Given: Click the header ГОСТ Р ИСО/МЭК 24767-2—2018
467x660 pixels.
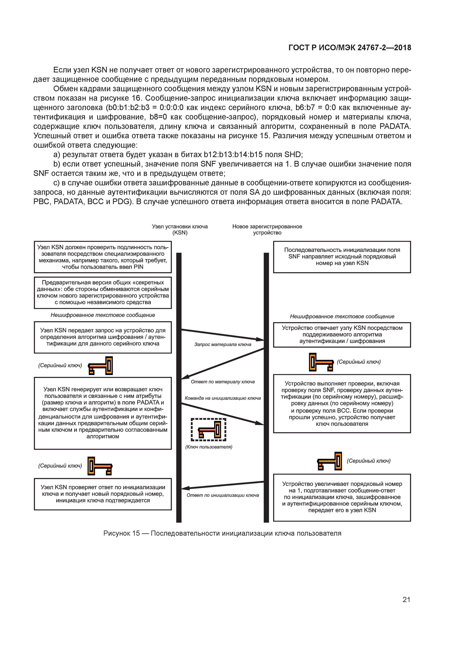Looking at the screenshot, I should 350,48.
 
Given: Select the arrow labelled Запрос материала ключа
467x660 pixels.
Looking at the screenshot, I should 222,334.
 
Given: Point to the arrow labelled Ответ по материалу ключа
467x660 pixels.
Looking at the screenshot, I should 222,364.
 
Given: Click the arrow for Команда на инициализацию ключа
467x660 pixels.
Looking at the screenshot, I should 222,414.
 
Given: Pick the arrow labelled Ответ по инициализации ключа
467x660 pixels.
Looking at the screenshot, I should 222,485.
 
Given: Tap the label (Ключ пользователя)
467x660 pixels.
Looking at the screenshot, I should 209,447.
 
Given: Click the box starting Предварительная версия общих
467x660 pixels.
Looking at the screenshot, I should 103,292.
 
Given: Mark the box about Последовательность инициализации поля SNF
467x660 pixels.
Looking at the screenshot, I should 342,257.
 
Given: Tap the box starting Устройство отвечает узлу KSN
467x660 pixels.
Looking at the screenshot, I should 342,335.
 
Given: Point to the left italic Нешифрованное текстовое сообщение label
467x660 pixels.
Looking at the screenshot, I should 103,315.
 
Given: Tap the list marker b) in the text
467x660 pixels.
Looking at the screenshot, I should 56,164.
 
